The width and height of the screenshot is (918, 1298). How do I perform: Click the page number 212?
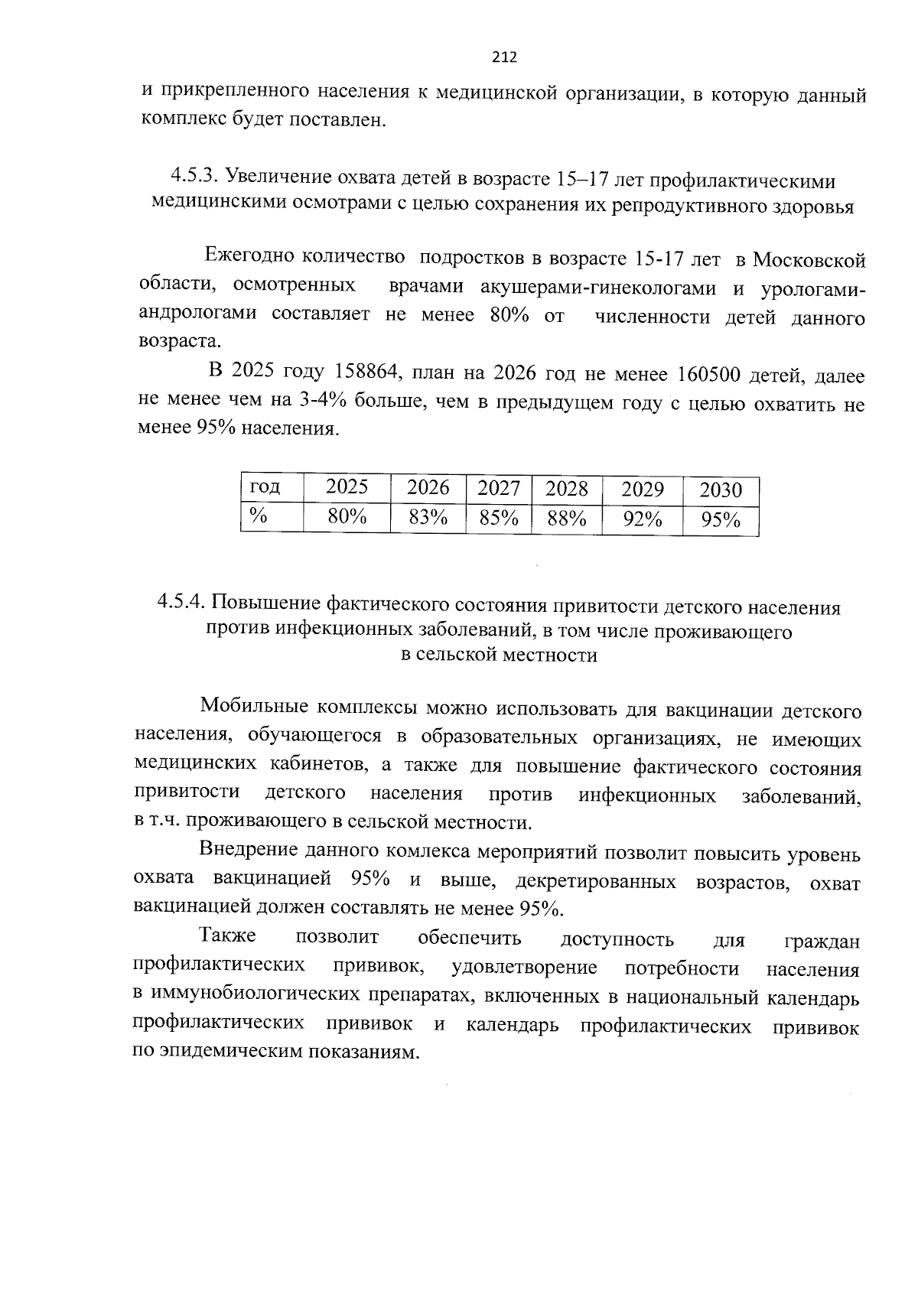tap(504, 57)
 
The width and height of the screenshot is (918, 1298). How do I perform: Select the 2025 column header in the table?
tap(347, 487)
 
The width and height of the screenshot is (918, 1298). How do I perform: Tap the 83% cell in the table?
tap(428, 518)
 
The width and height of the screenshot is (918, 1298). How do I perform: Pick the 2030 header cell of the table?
tap(721, 490)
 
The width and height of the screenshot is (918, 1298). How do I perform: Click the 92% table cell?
tap(642, 519)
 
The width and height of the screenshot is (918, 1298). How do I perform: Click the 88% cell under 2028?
tap(567, 519)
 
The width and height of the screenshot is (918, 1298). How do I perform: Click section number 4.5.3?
tap(195, 178)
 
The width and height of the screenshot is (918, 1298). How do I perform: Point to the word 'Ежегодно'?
tap(248, 258)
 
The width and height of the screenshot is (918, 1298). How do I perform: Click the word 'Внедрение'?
tap(247, 851)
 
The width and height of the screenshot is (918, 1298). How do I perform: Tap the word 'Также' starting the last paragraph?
tap(227, 935)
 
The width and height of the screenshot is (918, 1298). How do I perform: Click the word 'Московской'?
tap(809, 261)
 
